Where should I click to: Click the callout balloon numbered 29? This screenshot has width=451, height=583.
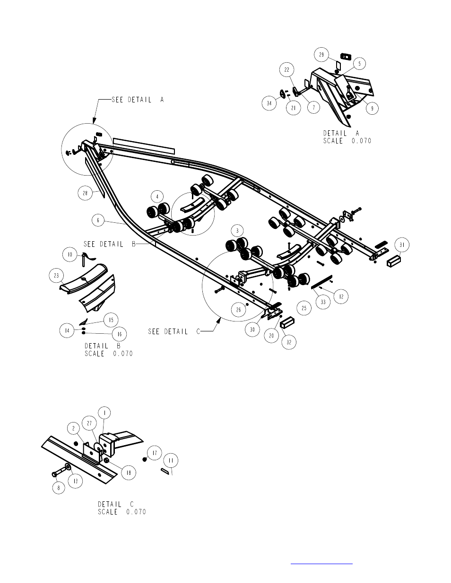(x=321, y=55)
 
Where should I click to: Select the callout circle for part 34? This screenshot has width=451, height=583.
(x=269, y=103)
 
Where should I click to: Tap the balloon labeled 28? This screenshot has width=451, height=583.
(x=85, y=193)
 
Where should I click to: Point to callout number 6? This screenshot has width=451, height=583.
(x=98, y=220)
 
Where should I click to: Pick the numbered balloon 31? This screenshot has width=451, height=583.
(x=402, y=245)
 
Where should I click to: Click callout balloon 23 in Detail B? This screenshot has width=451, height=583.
(x=56, y=276)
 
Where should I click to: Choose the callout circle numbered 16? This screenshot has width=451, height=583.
(x=119, y=334)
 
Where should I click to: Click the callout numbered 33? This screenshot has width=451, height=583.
(x=323, y=302)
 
